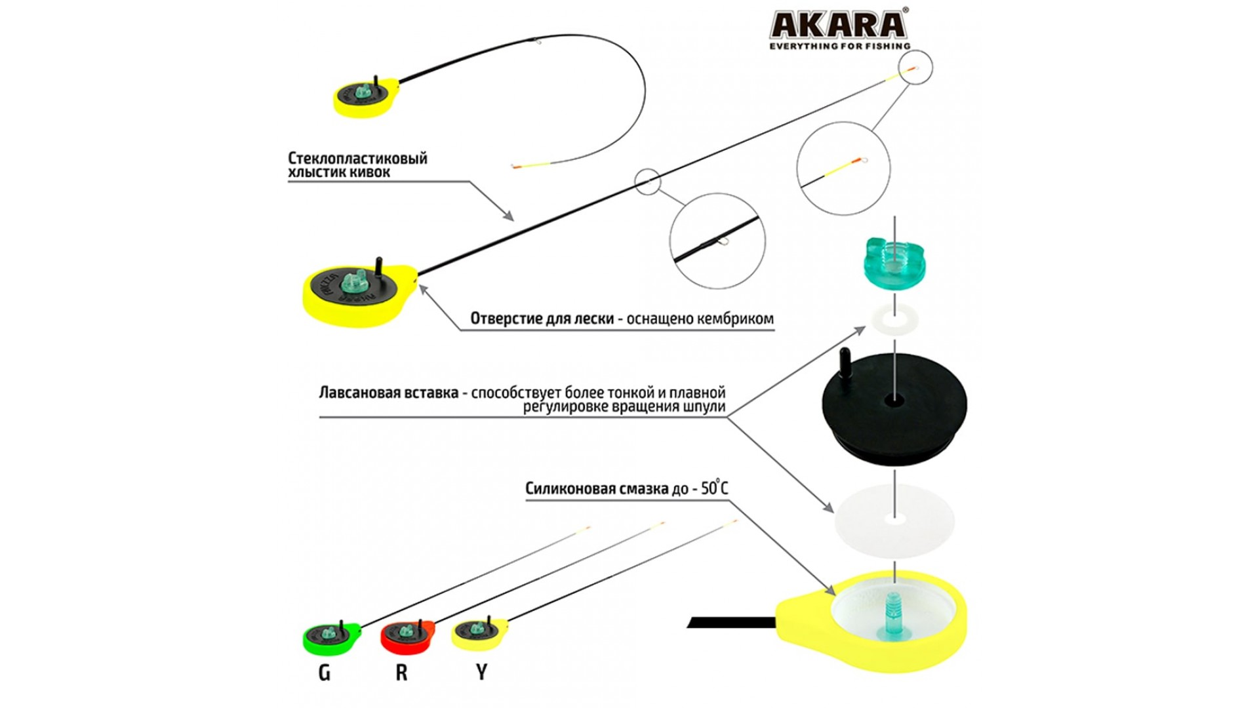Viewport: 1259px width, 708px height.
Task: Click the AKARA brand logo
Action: click(x=839, y=24)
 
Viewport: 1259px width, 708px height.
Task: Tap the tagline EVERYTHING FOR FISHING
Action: click(x=839, y=47)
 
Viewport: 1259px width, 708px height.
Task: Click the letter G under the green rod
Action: click(x=324, y=673)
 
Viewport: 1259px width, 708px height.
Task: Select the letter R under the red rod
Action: click(x=401, y=673)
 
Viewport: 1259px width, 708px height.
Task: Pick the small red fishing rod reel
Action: click(x=407, y=636)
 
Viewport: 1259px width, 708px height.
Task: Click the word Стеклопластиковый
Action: click(x=357, y=158)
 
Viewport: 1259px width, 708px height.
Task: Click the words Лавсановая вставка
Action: click(x=388, y=393)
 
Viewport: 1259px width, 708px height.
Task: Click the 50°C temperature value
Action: click(x=714, y=488)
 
